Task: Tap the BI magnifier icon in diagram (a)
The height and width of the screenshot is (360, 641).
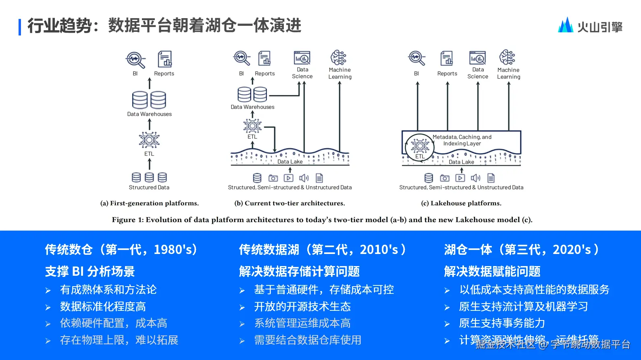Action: (x=135, y=60)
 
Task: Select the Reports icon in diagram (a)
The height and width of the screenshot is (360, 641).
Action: (x=164, y=59)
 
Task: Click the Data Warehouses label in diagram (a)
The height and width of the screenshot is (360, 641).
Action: (x=149, y=114)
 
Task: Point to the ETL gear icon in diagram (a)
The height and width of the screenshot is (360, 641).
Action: (x=149, y=140)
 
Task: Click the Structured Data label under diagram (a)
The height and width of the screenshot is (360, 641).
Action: (x=149, y=187)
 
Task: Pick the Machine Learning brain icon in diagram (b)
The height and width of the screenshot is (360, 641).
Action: (x=339, y=58)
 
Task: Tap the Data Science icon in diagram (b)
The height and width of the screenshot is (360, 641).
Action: (x=302, y=58)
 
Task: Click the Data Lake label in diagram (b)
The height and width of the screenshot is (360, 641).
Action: (x=290, y=162)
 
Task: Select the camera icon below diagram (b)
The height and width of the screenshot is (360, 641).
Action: (x=273, y=178)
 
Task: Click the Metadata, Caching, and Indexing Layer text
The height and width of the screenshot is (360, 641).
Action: (x=462, y=140)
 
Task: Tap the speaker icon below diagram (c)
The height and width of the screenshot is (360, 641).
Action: (x=476, y=178)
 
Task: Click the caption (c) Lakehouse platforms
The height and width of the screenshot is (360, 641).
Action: (x=461, y=203)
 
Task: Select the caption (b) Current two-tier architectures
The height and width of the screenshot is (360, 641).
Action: (x=289, y=203)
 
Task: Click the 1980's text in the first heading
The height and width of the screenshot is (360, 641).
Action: (x=175, y=250)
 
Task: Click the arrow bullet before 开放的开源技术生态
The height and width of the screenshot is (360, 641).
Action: (x=242, y=307)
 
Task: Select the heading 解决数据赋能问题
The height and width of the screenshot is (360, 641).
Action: (x=492, y=271)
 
